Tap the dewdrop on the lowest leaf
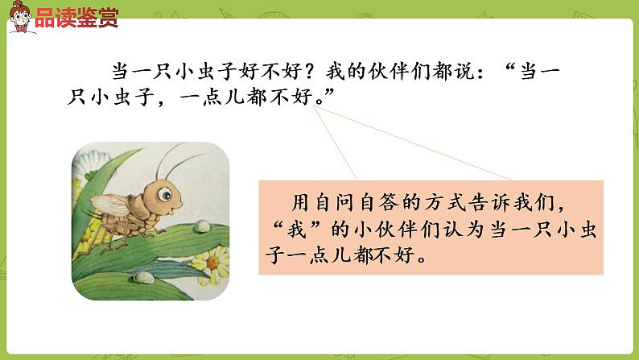point(142,279)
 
